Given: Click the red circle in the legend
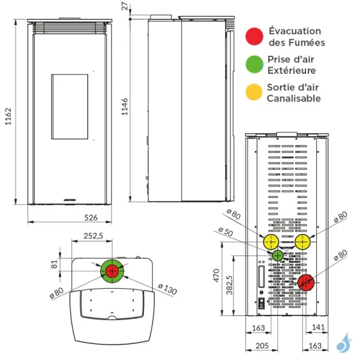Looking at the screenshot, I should pos(255,36).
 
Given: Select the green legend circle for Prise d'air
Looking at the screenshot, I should pos(255,64).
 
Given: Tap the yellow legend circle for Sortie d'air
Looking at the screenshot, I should pos(255,92).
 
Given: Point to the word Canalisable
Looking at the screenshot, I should pos(293,98).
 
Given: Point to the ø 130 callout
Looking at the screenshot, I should pos(169,291).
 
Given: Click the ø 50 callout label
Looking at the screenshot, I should pos(226,230).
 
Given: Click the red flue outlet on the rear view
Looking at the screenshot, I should pos(307,281).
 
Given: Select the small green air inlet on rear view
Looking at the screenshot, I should pos(277,256).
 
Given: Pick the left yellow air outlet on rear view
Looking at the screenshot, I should pos(271,242).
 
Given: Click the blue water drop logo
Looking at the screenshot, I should pos(342,345).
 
